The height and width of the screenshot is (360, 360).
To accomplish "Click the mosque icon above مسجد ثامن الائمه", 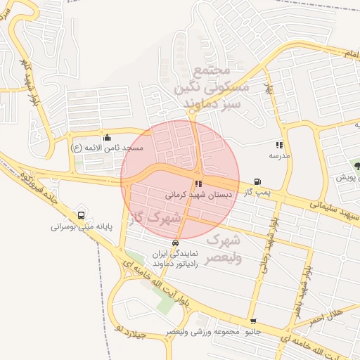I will (x=106, y=138).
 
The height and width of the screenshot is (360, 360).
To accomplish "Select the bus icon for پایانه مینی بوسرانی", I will (x=82, y=216).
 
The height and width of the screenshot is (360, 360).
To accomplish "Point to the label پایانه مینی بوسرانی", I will (x=82, y=227).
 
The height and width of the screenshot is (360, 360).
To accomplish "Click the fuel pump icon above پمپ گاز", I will (x=257, y=181).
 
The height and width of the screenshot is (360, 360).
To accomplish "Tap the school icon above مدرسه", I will (x=279, y=144).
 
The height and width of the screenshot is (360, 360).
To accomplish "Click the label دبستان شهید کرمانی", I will (x=195, y=194).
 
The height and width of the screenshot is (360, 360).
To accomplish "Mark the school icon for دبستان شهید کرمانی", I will (x=198, y=184).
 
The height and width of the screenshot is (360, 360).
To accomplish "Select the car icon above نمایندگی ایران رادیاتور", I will (x=175, y=243).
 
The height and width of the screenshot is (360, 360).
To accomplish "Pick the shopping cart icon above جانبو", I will (x=257, y=320).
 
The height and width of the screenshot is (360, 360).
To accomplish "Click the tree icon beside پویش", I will (x=358, y=167).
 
